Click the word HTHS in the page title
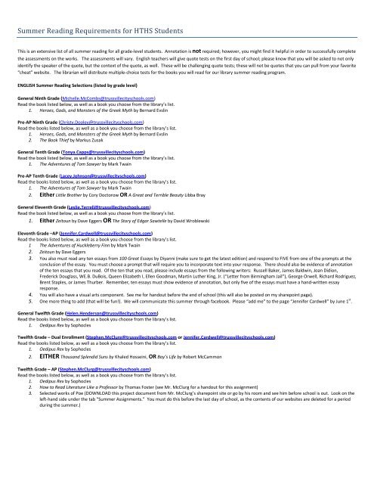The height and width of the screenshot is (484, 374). [x=156, y=11]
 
